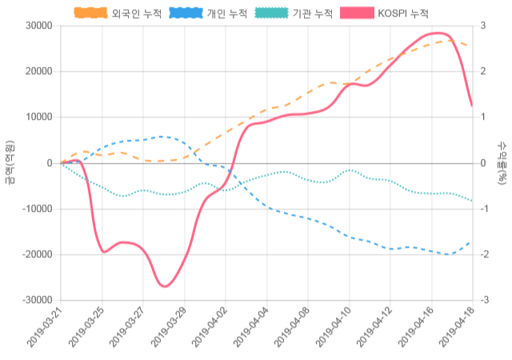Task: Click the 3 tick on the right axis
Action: pos(482,26)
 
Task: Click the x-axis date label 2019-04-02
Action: pos(210,330)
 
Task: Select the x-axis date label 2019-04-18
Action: pos(457,330)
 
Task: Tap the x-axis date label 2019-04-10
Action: pos(334,330)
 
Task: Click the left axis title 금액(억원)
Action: pos(9,162)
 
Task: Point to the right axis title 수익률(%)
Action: pos(502,162)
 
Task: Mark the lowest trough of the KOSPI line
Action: pos(164,286)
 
